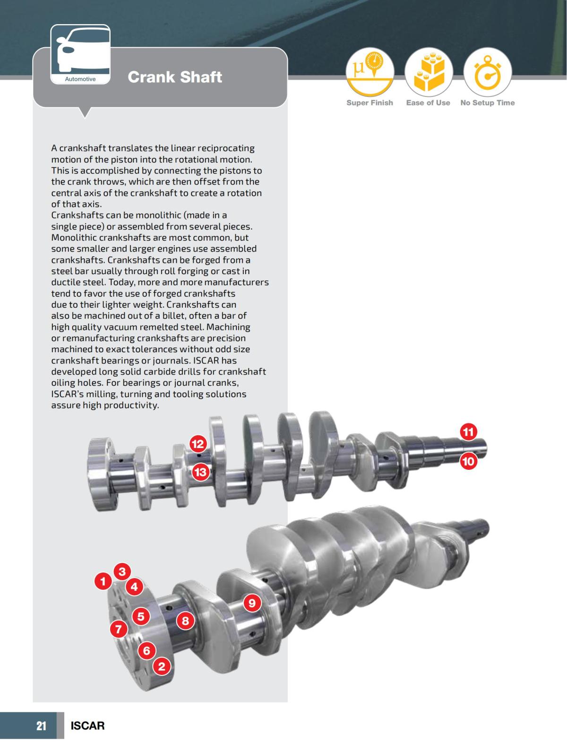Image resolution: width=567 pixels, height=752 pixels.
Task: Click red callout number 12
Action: point(198,444)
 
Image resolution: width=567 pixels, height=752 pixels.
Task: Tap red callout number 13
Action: point(201,472)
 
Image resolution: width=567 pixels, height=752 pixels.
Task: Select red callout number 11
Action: point(468,432)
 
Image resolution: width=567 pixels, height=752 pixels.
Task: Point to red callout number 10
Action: point(468,461)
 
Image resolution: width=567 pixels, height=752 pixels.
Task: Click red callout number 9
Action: point(252,603)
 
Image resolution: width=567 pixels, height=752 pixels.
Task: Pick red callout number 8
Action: point(185,621)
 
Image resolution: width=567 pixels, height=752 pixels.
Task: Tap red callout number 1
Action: point(103,581)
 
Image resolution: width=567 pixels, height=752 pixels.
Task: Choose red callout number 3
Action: point(122,571)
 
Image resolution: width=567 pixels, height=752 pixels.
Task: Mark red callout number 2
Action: point(162,666)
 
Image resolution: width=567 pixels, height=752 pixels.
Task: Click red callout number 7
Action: point(119,629)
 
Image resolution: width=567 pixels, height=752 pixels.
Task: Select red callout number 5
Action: point(140,616)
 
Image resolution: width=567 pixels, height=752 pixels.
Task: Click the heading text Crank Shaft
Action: point(175,77)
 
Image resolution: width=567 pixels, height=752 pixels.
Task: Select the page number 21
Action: point(42,726)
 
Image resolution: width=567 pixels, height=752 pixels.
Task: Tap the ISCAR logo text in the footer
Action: point(87,726)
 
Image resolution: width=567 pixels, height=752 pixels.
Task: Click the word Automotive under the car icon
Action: point(80,79)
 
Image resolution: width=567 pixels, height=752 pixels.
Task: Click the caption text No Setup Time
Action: point(487,103)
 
